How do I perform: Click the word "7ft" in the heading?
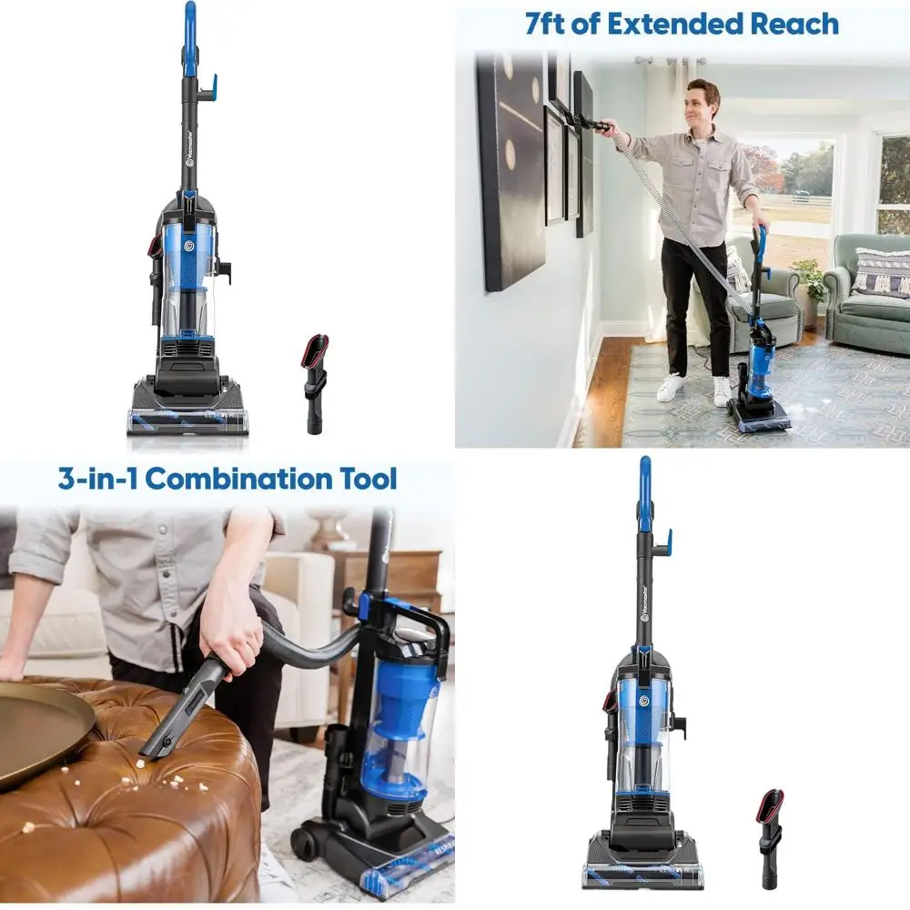coord(549,24)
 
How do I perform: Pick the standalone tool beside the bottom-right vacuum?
coord(771,838)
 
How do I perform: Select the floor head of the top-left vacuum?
coord(187,409)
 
